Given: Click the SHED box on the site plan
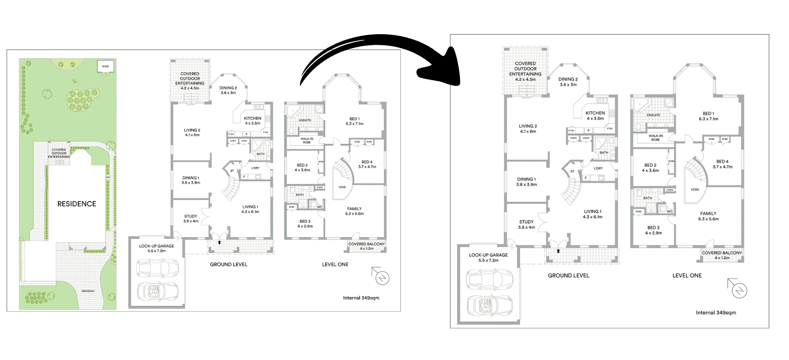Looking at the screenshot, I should (x=105, y=66).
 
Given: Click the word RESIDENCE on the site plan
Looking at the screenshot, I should (x=77, y=204).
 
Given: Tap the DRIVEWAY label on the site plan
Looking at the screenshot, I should (x=88, y=291).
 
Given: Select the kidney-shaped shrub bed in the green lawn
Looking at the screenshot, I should (x=81, y=100).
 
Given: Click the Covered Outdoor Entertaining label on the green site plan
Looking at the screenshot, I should (x=59, y=153).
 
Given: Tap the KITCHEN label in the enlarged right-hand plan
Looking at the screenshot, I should (x=595, y=113).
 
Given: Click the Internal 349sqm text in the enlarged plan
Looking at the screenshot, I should (x=716, y=313).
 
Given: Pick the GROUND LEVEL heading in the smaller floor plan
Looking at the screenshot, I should (x=229, y=265).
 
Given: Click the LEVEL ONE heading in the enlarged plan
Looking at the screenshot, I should (x=687, y=276).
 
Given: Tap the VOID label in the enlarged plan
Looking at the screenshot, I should (x=694, y=189).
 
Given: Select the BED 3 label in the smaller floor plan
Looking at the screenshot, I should (x=305, y=222).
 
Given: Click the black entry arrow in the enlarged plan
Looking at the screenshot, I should (x=558, y=251).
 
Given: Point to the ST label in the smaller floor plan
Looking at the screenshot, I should (x=232, y=171).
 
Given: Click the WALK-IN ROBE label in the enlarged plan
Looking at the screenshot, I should (x=655, y=138).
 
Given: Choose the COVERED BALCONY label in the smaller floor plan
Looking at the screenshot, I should (x=367, y=244).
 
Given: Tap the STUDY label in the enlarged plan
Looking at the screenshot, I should (x=526, y=222).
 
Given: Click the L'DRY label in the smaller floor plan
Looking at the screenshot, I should (x=255, y=168).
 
